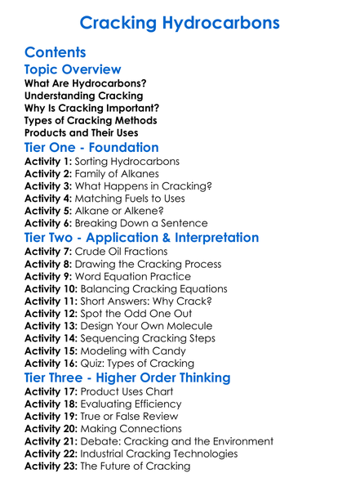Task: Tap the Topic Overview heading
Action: point(73,70)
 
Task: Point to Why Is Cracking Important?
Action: point(91,108)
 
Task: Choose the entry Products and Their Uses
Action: point(81,132)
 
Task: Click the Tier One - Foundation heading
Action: point(91,148)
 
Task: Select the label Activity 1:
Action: point(49,162)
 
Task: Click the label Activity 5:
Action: point(49,211)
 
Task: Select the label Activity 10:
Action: point(52,289)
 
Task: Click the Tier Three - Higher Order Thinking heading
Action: point(127,377)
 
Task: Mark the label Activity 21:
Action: point(52,441)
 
